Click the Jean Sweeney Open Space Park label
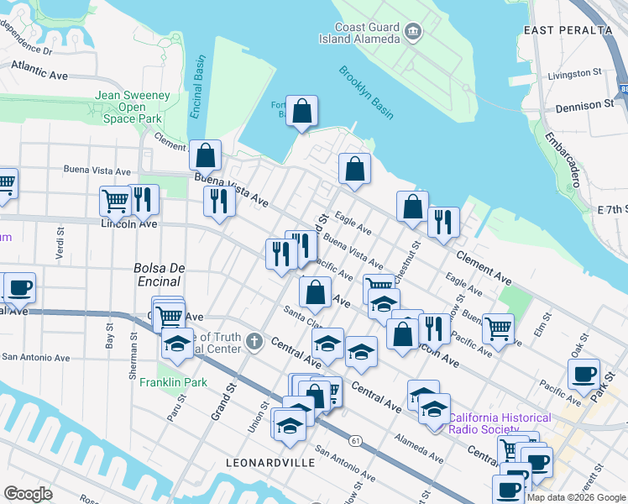click(133, 108)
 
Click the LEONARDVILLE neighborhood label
click(270, 463)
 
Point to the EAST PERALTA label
click(568, 29)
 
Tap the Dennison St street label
click(584, 107)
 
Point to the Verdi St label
click(60, 243)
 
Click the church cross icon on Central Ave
click(255, 342)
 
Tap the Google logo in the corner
click(28, 494)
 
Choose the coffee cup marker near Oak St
click(584, 374)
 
